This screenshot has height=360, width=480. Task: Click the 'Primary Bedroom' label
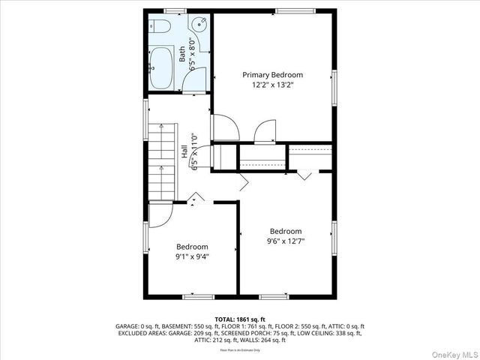point(272,75)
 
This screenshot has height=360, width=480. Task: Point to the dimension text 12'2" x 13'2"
point(272,86)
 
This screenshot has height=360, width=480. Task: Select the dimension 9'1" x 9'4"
point(192,256)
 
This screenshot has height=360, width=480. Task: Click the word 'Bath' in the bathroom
point(181,53)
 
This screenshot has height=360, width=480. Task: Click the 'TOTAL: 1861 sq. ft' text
point(240,319)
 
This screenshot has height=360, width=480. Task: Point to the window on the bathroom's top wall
point(175,10)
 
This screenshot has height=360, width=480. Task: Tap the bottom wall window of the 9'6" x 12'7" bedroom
point(274,296)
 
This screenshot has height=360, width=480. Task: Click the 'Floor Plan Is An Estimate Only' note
point(240,349)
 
